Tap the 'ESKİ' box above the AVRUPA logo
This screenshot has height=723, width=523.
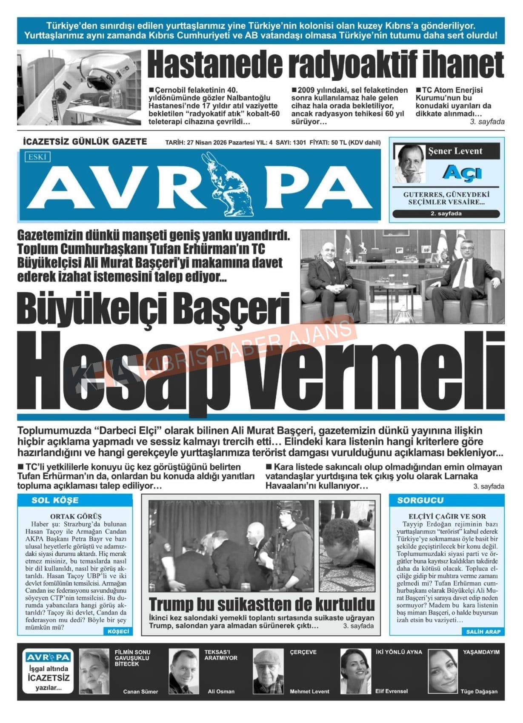click(37, 157)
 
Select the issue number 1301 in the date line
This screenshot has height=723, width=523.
click(299, 142)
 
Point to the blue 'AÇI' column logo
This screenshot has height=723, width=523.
click(462, 173)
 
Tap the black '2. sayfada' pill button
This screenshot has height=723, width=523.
click(446, 213)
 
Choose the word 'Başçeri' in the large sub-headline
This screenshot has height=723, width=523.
click(232, 309)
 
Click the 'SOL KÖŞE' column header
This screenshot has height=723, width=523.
click(55, 500)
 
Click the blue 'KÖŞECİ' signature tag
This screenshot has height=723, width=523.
click(118, 631)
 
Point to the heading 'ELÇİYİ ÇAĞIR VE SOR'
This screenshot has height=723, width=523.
click(447, 516)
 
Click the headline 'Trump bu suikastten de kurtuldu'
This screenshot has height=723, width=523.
click(262, 604)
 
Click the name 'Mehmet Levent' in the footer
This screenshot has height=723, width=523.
click(309, 691)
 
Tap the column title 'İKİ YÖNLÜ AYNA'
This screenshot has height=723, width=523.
click(398, 652)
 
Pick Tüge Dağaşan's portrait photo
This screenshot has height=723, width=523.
click(443, 671)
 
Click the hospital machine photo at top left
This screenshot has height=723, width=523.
click(79, 87)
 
